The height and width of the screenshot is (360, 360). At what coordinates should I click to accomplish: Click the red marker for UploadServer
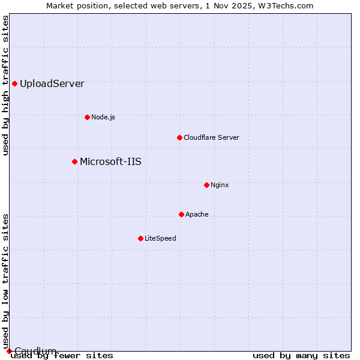coord(14,83)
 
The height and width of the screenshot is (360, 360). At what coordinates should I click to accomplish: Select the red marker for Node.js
coord(87,117)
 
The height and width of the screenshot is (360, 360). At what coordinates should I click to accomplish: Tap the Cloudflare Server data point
coord(179,137)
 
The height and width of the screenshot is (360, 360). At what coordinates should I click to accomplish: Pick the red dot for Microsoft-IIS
coord(74,161)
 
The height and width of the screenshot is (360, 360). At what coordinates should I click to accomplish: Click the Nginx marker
coord(206,185)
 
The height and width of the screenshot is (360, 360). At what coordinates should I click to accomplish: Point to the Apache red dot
coord(181,214)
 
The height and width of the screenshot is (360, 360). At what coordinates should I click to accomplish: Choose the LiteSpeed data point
coord(140,238)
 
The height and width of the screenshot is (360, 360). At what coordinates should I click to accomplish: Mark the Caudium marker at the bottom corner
coord(9,351)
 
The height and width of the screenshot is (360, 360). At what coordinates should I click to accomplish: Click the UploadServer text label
coord(52,84)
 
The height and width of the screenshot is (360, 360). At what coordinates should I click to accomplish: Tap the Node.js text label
coord(103,117)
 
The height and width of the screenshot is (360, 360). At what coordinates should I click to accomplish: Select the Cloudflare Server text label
coord(211,137)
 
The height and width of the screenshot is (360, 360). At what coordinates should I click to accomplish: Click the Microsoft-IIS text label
coord(110,161)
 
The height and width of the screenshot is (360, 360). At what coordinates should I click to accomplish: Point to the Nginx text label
coord(220,185)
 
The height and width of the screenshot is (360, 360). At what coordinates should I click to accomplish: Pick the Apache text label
coord(197,214)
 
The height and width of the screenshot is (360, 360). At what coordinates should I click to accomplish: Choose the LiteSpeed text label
coord(160,238)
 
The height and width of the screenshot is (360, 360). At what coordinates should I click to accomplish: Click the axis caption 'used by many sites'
coord(301,356)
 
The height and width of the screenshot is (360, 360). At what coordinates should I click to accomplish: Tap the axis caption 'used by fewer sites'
coord(62,356)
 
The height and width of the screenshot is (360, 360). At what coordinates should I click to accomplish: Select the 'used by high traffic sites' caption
coord(6,85)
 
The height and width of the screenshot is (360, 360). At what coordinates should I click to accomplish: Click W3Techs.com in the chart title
coord(286,5)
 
